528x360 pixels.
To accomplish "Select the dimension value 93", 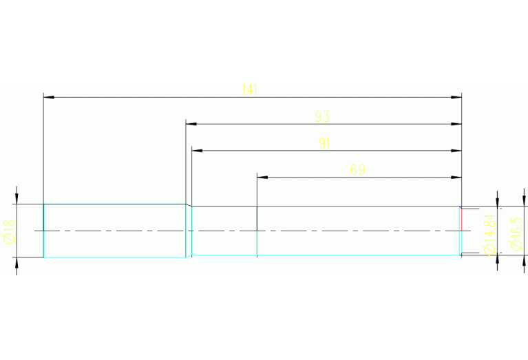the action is click(321, 117).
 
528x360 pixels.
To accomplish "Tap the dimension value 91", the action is click(324, 143).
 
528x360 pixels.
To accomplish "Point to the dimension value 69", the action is click(357, 170).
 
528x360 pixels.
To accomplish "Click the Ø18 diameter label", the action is click(9, 231).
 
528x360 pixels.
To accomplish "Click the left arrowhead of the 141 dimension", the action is click(48, 97).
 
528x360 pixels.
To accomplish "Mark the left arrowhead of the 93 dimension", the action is click(191, 124).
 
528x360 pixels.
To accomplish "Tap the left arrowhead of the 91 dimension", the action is click(197, 151).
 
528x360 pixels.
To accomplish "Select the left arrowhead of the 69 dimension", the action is click(262, 177).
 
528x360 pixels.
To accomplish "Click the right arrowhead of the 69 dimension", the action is click(456, 177).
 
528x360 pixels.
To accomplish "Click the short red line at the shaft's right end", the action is click(461, 219).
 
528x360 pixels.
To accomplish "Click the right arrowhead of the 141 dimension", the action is click(456, 97).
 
